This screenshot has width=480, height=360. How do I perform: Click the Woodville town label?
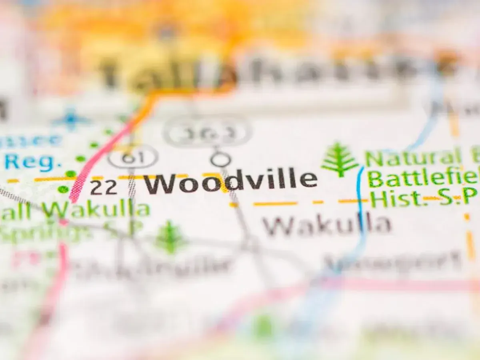coord(230,182)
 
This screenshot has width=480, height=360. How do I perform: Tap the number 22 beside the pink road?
coord(104,187)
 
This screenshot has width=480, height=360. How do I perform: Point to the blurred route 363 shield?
coord(208,131)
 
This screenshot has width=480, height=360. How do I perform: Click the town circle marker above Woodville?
coord(220,159)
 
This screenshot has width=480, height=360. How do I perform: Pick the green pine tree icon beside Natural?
coord(340,159)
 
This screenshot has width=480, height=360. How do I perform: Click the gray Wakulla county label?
coord(326,226)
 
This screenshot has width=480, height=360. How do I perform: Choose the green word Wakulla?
coord(96,209)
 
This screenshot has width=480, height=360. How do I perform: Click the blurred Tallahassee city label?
coord(256,72)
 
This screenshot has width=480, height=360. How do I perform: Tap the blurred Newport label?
coord(392,262)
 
